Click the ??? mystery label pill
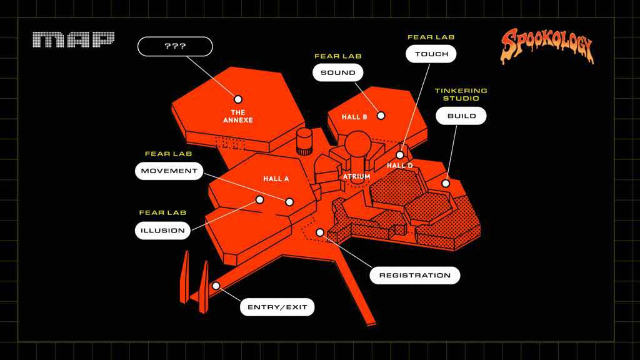[x=175, y=46]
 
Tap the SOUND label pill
[x=338, y=72]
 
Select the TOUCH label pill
[x=431, y=54]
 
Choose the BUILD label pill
[x=461, y=116]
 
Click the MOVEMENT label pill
[x=169, y=171]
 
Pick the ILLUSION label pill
[x=163, y=231]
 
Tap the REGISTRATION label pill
[x=415, y=276]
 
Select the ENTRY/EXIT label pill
[x=277, y=307]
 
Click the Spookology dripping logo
[x=547, y=46]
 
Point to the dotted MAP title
[x=74, y=39]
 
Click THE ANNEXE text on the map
[x=238, y=116]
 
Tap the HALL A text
[x=276, y=179]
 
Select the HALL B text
[x=354, y=117]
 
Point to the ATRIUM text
[x=357, y=176]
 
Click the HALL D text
[x=399, y=165]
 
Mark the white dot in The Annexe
[x=238, y=99]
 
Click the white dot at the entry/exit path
[x=216, y=286]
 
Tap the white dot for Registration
[x=320, y=232]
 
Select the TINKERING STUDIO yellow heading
[x=461, y=94]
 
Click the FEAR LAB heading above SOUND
[x=338, y=56]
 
